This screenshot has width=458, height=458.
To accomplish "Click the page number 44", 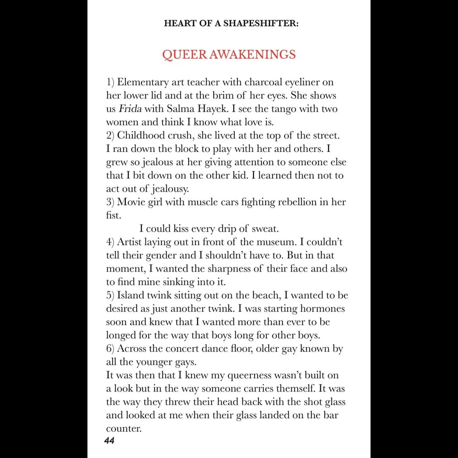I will [109, 441].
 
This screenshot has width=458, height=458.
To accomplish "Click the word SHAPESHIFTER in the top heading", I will [266, 24].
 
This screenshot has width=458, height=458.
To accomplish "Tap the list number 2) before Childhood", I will [111, 136].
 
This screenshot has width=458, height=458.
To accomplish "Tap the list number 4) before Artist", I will [111, 242].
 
